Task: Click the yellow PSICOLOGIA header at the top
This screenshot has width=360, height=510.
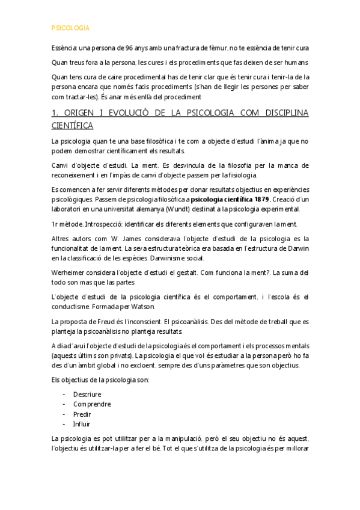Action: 70,28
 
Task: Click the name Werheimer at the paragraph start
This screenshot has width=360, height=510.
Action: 70,272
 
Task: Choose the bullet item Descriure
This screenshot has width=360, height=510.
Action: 87,394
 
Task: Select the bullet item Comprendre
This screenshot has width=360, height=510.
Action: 92,404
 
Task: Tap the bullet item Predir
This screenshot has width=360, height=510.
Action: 82,414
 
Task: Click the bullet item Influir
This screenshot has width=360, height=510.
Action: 82,423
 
